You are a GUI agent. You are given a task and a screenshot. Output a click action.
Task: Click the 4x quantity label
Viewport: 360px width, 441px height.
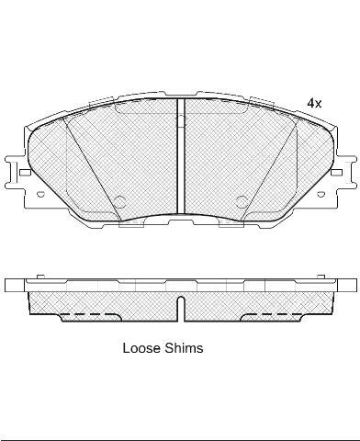pos(314,104)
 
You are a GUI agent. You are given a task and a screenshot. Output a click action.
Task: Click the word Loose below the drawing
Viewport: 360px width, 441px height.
pos(141,348)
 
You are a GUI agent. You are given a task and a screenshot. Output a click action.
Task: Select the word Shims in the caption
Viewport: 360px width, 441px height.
pos(184,348)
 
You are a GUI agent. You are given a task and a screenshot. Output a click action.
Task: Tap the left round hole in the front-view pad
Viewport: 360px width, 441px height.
pos(120,200)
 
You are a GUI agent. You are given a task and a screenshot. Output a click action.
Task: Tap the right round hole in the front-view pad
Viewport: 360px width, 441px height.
pos(242,200)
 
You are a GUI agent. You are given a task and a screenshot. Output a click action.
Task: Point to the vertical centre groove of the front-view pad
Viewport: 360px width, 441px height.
pos(181,156)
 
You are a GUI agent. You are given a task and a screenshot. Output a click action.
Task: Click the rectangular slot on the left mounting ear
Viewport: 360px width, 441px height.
pos(25,173)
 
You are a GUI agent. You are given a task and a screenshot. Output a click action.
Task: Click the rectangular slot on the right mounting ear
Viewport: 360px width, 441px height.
pos(336,173)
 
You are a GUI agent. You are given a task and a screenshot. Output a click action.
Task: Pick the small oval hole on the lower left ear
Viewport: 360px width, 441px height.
pos(40,194)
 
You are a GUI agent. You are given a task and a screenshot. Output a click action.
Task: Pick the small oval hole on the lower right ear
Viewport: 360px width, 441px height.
pos(321,194)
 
